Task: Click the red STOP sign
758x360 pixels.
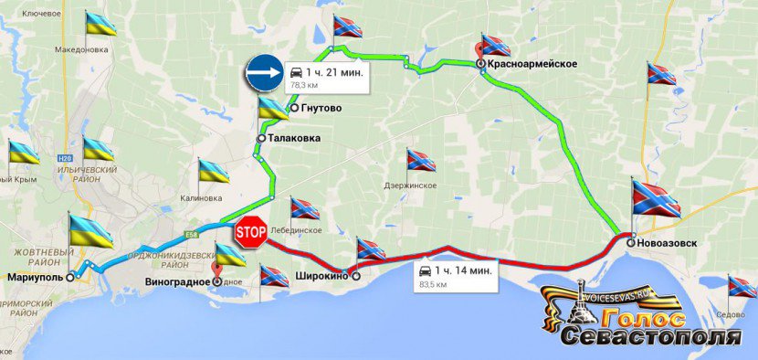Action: tap(250, 232)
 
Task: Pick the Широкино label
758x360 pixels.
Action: tap(321, 275)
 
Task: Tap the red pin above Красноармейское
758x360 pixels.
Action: tap(484, 48)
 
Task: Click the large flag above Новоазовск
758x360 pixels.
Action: tap(655, 200)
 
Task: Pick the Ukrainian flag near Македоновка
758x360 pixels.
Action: tap(100, 23)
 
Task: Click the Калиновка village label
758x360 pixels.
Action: tap(201, 197)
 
